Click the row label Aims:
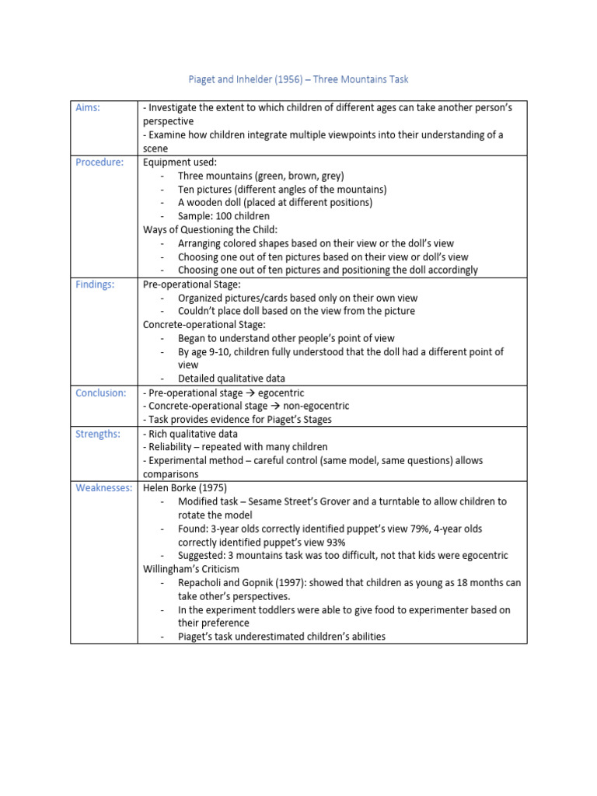88,108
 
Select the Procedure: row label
99,162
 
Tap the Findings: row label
95,285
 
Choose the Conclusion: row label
100,393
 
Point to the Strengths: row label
98,434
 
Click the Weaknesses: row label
103,488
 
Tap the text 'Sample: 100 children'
224,216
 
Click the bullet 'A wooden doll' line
275,203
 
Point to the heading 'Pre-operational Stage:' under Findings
191,285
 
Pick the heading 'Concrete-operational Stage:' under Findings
204,325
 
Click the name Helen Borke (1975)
184,488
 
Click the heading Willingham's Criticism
190,569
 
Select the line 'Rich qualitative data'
190,434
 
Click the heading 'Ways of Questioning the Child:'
210,230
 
